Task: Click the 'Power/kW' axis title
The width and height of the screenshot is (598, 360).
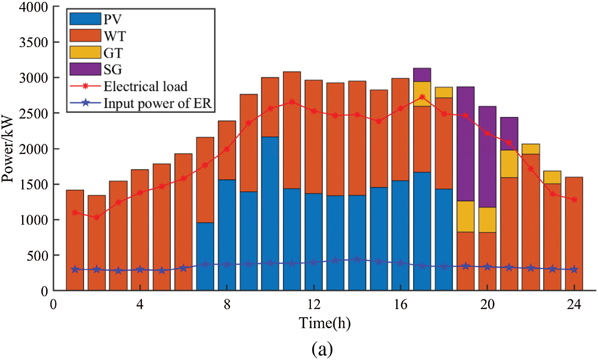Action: (8, 149)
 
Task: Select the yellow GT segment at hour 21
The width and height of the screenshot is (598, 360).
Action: (509, 164)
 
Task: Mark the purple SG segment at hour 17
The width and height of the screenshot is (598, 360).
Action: (422, 75)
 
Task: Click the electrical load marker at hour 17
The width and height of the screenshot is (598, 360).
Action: (422, 97)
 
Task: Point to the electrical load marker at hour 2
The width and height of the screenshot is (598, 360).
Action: (97, 218)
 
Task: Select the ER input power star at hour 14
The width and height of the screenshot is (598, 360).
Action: (357, 260)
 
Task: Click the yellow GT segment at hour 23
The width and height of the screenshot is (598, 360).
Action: (552, 177)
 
